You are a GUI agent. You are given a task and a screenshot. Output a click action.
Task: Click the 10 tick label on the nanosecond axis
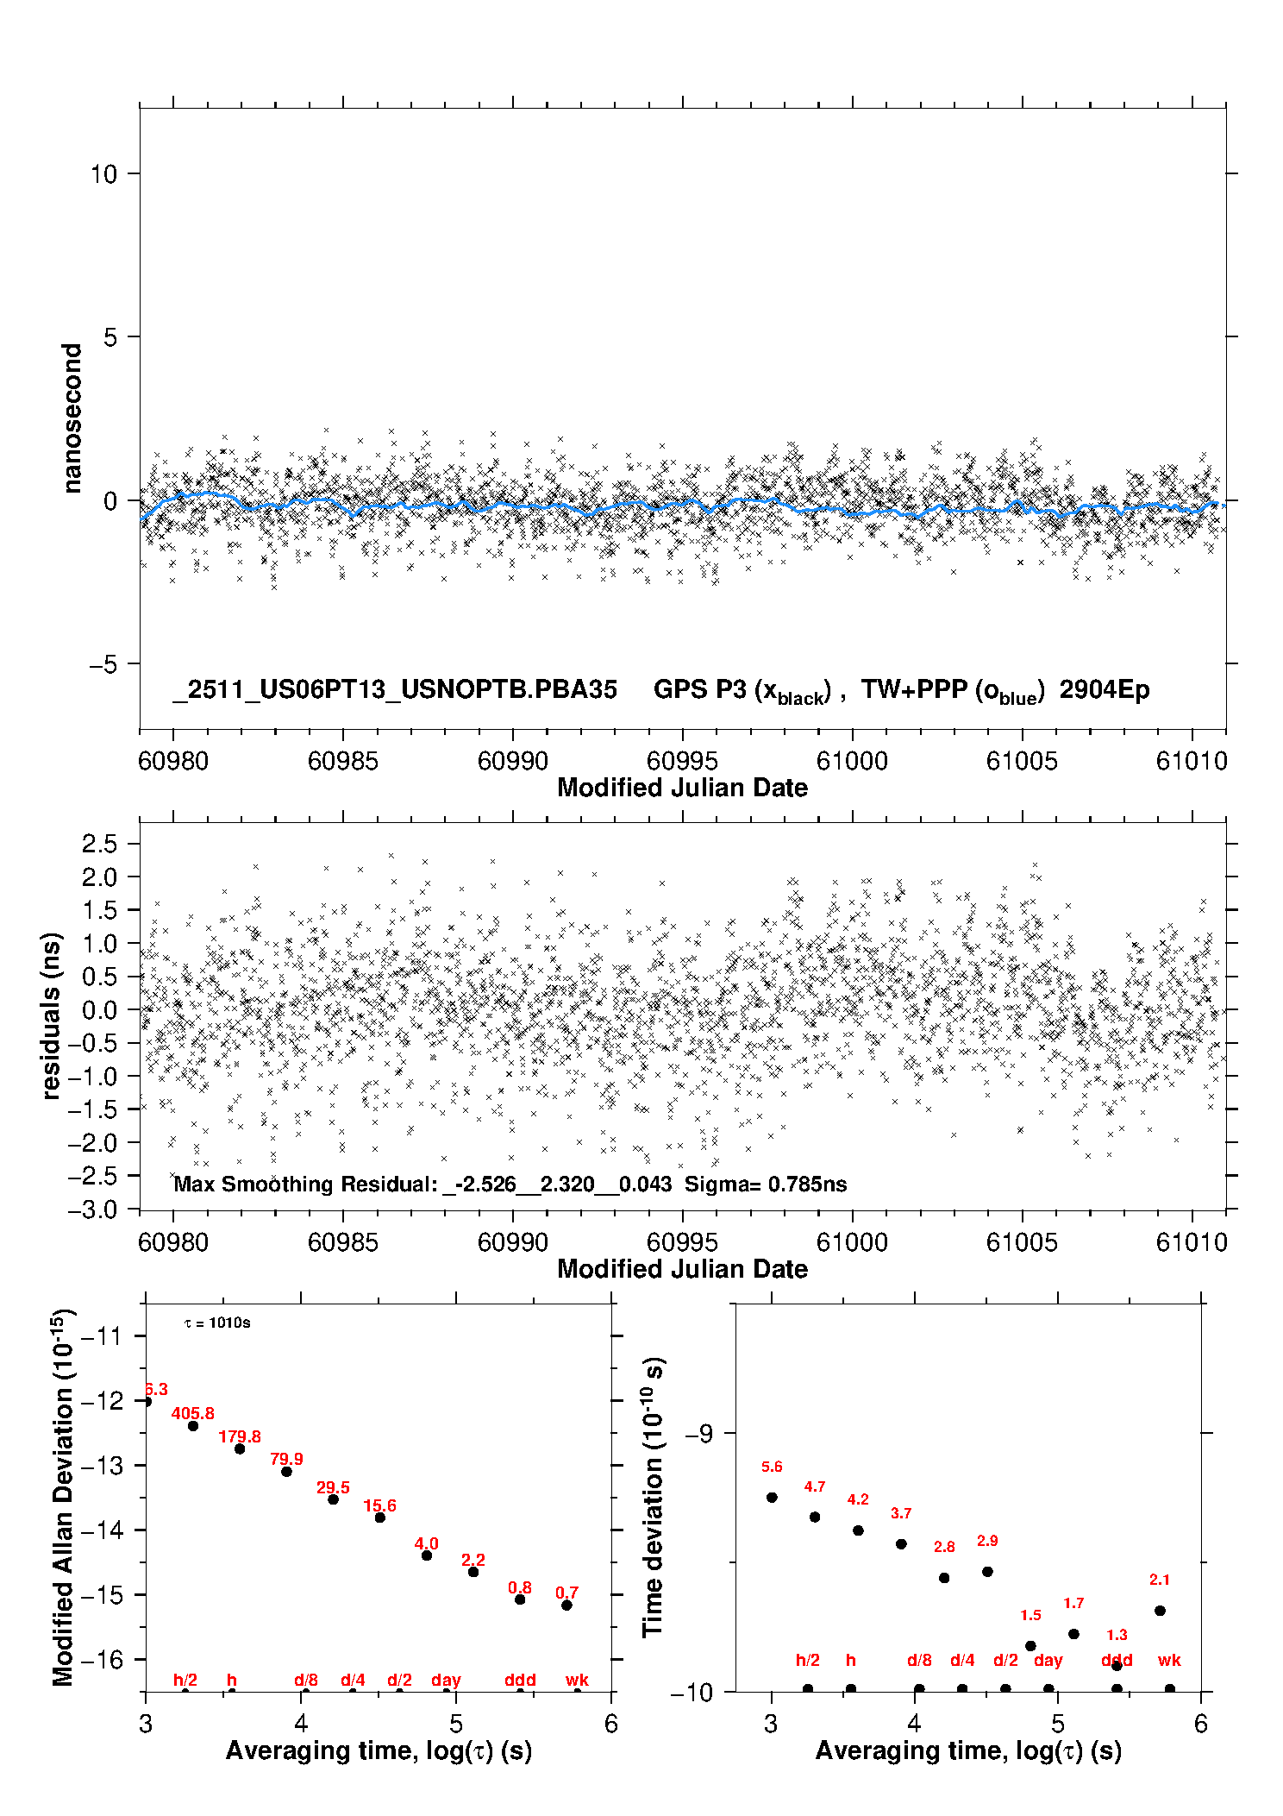pos(103,174)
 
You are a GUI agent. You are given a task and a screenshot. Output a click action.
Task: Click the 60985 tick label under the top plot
pos(342,761)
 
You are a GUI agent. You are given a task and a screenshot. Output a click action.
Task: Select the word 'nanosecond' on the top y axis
pos(72,418)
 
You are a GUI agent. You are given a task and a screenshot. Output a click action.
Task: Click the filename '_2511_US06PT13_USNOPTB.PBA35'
pos(395,690)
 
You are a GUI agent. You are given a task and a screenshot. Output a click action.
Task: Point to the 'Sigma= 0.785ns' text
pos(766,1184)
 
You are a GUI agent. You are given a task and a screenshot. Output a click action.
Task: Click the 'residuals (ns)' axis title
pos(52,1015)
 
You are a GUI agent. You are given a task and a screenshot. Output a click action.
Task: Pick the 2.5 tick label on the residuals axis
pos(99,844)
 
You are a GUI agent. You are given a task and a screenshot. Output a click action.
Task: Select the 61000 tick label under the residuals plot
pos(852,1242)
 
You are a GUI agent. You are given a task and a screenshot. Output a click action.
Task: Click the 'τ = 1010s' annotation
pos(217,1323)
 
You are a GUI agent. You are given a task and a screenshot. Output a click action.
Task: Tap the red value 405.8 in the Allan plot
pos(192,1414)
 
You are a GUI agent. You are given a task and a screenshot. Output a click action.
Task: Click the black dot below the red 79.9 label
pos(286,1472)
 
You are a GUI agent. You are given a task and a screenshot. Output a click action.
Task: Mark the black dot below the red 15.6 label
pos(379,1518)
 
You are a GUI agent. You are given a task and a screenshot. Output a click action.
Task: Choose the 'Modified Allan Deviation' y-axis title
pos(63,1497)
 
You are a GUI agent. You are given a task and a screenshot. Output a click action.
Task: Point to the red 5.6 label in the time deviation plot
pos(772,1467)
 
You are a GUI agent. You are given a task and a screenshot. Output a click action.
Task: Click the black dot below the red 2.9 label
pos(987,1572)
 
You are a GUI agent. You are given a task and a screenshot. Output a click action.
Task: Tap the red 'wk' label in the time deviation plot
pos(1169,1660)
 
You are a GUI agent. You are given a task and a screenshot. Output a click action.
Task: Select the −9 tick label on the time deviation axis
pos(698,1433)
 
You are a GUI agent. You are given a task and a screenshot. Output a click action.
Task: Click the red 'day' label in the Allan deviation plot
pos(446,1680)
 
